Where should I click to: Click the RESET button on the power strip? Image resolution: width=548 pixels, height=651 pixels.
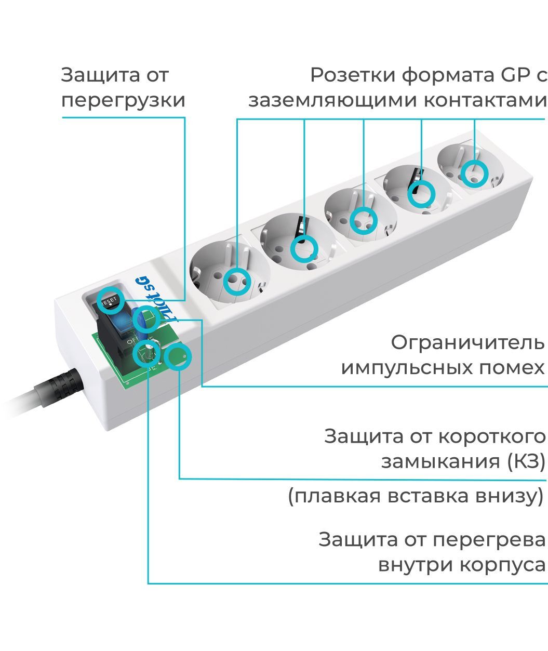(x=110, y=301)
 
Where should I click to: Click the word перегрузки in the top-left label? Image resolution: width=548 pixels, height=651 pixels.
(x=123, y=100)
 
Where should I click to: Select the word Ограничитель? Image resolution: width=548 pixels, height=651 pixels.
(x=467, y=343)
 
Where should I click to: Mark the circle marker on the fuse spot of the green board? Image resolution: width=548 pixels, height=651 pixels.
(x=178, y=356)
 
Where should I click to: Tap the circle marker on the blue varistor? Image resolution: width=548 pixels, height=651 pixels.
(x=145, y=320)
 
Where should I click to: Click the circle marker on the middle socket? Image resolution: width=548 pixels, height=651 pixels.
(x=363, y=220)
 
